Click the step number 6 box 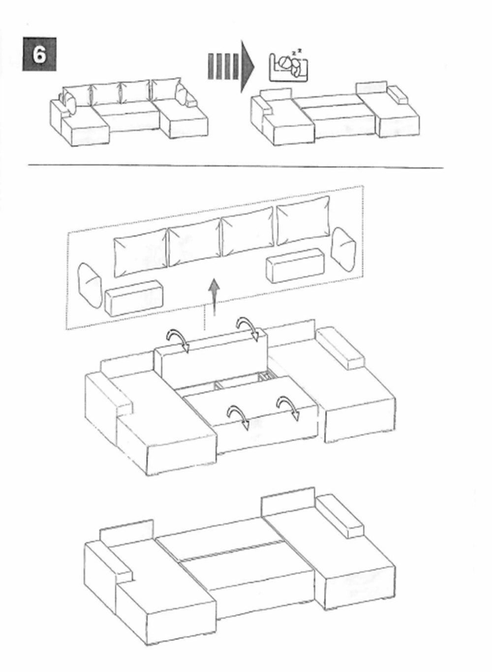[39, 54]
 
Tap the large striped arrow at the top [231, 66]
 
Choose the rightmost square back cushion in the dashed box [303, 221]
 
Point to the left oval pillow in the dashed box [90, 286]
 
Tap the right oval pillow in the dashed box [343, 250]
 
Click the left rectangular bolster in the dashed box [134, 298]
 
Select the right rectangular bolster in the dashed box [296, 265]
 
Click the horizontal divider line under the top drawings [236, 166]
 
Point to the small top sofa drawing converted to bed [335, 113]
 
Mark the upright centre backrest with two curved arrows [211, 358]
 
